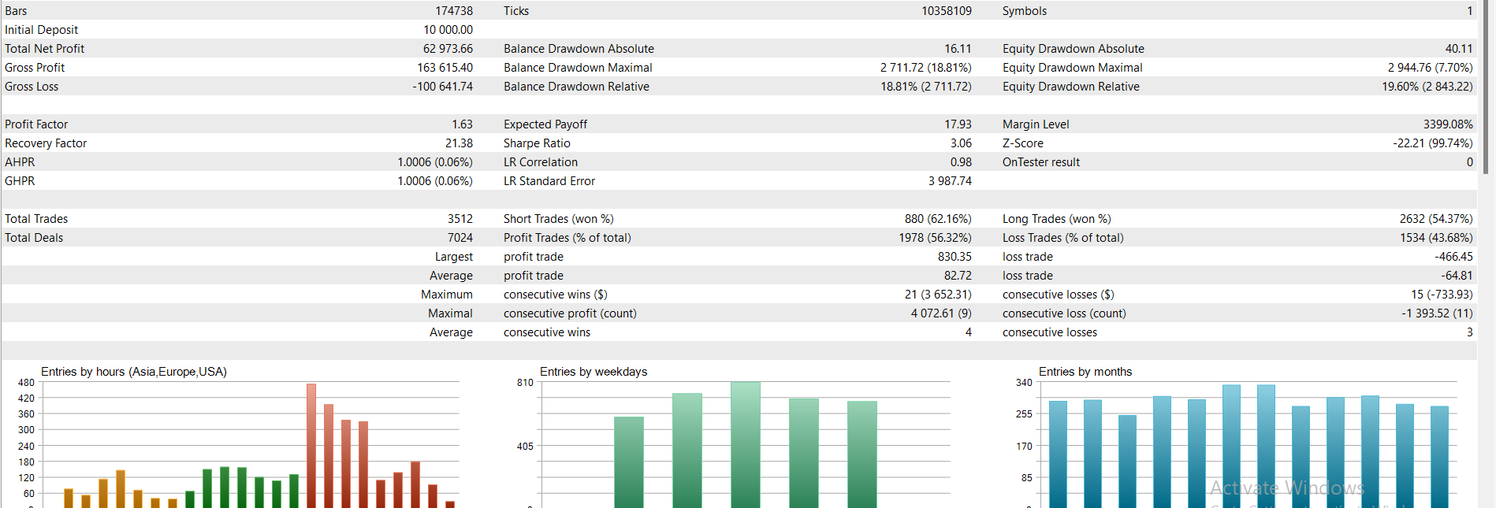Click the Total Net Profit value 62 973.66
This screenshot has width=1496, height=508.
click(x=448, y=49)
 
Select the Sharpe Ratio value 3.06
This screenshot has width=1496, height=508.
click(x=961, y=143)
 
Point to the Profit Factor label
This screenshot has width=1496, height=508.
click(x=36, y=124)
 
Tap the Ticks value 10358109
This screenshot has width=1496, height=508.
click(x=947, y=11)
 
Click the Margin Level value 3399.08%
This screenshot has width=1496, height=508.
click(x=1448, y=124)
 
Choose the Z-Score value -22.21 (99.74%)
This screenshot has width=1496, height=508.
click(x=1433, y=143)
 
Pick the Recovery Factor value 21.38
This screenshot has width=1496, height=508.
click(x=459, y=143)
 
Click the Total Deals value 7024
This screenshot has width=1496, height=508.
click(x=460, y=238)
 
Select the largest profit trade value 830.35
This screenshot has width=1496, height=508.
click(x=955, y=257)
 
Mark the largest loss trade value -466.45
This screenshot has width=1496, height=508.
click(x=1453, y=257)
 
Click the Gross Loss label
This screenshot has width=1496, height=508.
click(x=32, y=87)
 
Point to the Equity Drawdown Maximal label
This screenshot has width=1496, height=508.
click(x=1073, y=68)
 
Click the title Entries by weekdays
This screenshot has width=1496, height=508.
click(x=594, y=372)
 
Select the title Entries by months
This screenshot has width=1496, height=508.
click(x=1085, y=372)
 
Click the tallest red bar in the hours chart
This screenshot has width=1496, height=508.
click(x=311, y=446)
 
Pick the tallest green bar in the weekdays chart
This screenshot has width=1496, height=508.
click(x=746, y=445)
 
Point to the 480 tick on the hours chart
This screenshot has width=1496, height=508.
click(x=26, y=383)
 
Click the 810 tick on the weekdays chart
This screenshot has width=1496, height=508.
click(x=525, y=383)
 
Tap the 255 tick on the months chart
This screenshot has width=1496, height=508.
click(x=1024, y=414)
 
